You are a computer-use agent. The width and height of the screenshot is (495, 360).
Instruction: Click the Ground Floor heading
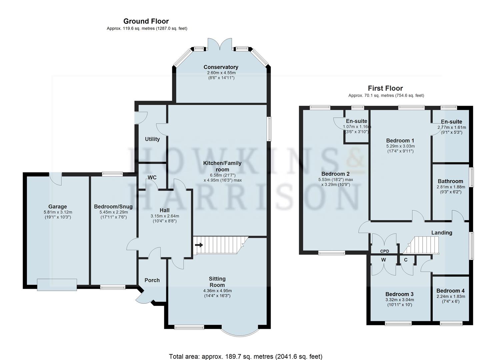coord(146,21)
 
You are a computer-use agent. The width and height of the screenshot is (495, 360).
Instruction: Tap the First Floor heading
coord(385,88)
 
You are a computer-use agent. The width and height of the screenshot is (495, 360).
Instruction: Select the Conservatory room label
coord(221,67)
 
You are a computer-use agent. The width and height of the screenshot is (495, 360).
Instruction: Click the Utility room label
coord(152,139)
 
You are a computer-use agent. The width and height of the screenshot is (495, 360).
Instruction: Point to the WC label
coord(152,177)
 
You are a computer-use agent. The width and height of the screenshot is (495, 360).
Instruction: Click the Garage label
coord(58,207)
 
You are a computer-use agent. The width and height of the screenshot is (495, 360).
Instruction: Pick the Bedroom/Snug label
coord(113,206)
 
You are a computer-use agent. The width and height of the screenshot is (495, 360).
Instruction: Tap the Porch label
coord(152,280)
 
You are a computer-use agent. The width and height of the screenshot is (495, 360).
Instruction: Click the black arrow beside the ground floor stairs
coord(199,245)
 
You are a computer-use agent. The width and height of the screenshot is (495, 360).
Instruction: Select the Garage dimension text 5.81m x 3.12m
coord(58,212)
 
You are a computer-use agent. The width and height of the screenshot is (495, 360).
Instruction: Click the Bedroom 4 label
coord(450,291)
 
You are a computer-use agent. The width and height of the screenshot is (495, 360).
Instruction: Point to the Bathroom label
coord(450,181)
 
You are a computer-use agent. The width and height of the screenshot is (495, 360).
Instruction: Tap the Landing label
coord(442,232)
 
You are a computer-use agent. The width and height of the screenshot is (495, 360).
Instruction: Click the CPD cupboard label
coord(385,251)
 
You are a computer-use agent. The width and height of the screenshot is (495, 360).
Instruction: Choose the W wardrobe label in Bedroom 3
coord(383,260)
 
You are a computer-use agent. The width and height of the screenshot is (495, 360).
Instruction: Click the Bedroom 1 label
coord(400,141)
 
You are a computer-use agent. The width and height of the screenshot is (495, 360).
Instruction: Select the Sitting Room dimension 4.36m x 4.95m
coord(217,291)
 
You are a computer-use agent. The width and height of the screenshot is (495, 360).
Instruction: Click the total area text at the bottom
coord(246,350)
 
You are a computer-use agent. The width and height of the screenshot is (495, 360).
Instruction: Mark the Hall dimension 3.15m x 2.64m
coord(165,216)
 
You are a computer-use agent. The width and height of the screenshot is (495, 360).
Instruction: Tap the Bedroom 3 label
coord(399,294)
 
